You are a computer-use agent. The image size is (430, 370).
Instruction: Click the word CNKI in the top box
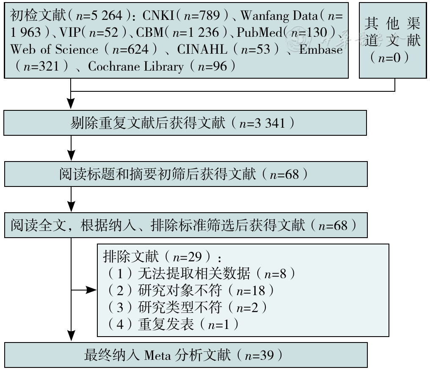coord(158,15)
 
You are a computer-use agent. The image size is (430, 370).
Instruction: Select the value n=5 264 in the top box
coord(99,15)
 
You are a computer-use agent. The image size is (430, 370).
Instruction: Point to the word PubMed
coord(259,32)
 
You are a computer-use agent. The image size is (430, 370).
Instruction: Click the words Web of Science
coord(54,49)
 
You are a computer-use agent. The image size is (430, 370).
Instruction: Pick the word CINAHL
coord(202,49)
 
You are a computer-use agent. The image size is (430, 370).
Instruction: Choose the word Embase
coord(321,49)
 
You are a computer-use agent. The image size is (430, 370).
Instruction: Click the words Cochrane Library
coord(136,67)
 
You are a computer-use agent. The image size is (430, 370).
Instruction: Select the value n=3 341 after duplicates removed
coord(262,123)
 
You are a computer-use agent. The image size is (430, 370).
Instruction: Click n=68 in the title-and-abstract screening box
coord(284,174)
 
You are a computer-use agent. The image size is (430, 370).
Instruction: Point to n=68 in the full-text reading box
coord(333,225)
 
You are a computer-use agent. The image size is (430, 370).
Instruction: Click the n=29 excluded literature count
coord(187,257)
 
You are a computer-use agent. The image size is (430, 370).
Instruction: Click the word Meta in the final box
coord(158,356)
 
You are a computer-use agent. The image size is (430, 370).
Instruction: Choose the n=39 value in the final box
coord(259,356)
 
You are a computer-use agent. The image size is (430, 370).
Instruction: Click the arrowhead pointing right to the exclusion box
coord(91,290)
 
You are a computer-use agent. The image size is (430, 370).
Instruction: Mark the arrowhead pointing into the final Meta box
coord(71,336)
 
